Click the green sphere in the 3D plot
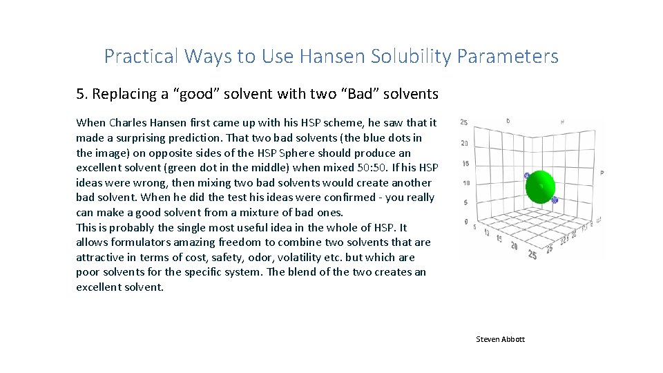(541, 187)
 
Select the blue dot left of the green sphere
(527, 176)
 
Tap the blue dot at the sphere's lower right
(554, 200)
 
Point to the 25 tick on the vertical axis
(464, 122)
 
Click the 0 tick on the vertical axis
(465, 222)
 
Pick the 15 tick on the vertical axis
(465, 164)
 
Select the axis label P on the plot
(602, 172)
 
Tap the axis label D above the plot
(508, 121)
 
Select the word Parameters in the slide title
(512, 57)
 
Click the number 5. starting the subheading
(82, 93)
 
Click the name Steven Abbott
(500, 339)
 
